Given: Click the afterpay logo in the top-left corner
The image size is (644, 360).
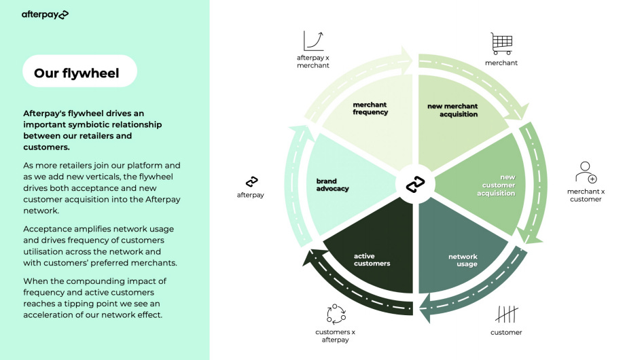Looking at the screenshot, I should click(x=45, y=14).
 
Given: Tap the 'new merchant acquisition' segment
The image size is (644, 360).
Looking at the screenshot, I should click(x=453, y=110).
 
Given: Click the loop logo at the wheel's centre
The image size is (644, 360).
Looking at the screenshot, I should click(x=415, y=184).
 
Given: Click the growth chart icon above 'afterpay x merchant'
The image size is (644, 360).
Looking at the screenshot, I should click(x=313, y=41).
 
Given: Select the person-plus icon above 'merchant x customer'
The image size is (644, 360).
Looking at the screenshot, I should click(x=585, y=172).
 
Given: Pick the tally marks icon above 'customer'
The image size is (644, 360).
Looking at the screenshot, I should click(x=506, y=314).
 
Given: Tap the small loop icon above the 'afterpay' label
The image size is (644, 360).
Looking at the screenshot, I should click(x=251, y=181).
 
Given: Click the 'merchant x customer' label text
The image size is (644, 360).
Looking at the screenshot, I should click(x=585, y=196).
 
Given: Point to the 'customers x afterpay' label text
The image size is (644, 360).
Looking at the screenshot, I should click(x=335, y=336).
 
